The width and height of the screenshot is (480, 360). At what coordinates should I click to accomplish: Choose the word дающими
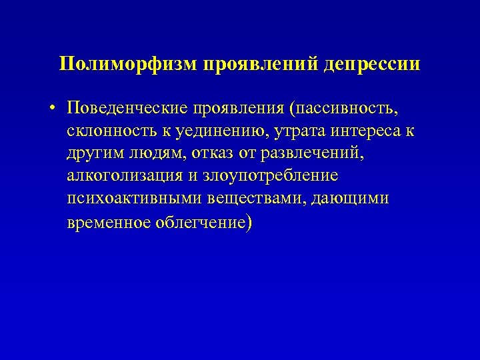pos(351,199)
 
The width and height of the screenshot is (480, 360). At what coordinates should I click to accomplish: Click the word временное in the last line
pos(110,222)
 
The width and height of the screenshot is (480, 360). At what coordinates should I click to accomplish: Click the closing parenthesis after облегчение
pos(249,222)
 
